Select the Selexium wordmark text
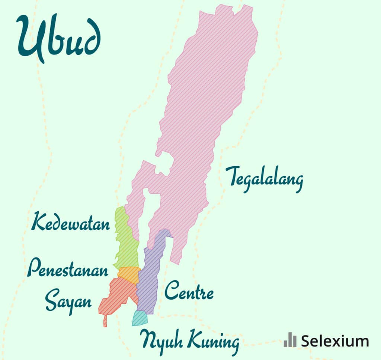pyautogui.click(x=335, y=341)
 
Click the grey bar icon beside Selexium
pyautogui.click(x=290, y=340)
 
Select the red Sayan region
pyautogui.click(x=117, y=298)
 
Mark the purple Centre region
pyautogui.click(x=149, y=275)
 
